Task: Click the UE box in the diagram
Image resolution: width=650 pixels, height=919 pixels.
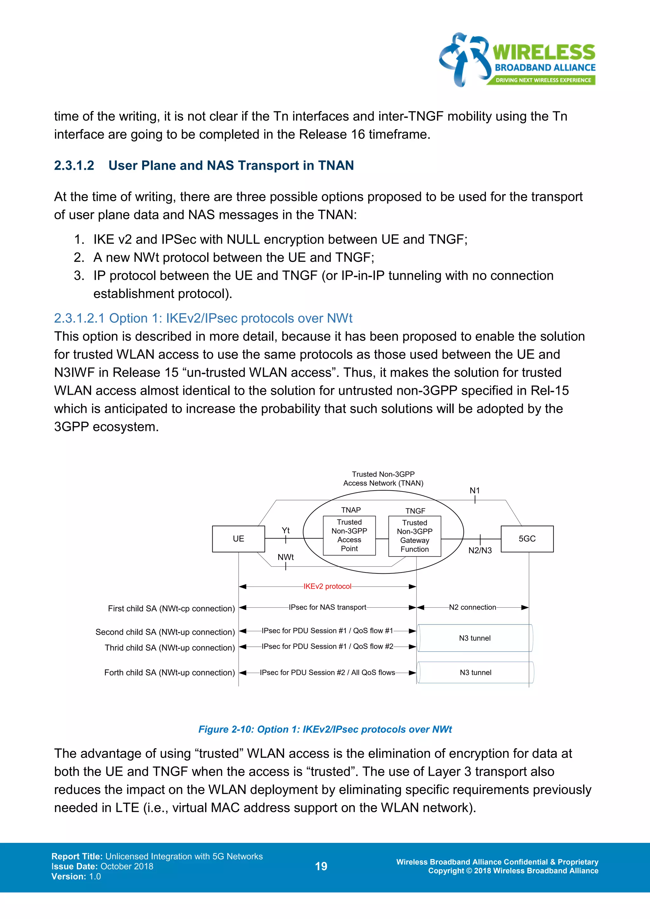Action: [x=239, y=539]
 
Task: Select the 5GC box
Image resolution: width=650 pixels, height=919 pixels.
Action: [x=527, y=539]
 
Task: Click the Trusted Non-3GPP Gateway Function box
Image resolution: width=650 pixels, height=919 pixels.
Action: [x=415, y=536]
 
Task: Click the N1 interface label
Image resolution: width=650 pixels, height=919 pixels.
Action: [x=475, y=490]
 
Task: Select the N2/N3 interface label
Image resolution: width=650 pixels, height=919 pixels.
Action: [x=480, y=550]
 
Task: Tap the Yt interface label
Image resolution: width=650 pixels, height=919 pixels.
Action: [x=285, y=530]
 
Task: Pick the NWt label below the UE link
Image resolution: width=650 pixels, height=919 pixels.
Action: [x=285, y=557]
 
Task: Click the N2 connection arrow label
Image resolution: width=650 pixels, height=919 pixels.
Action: [x=472, y=607]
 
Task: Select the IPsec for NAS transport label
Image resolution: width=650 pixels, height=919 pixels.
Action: [x=328, y=607]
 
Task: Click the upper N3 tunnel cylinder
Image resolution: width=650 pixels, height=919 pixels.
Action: [x=475, y=638]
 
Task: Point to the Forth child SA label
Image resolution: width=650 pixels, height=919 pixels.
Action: [x=169, y=672]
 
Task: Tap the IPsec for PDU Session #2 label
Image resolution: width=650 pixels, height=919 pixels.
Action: [x=328, y=672]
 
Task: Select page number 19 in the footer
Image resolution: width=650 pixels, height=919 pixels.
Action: [x=321, y=866]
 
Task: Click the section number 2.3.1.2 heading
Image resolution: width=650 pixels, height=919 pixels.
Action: [x=74, y=165]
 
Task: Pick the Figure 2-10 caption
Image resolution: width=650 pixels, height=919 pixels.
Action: [x=325, y=729]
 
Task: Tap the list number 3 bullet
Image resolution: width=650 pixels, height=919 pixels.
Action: [x=79, y=275]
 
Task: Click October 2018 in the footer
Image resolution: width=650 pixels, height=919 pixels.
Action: [x=127, y=866]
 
